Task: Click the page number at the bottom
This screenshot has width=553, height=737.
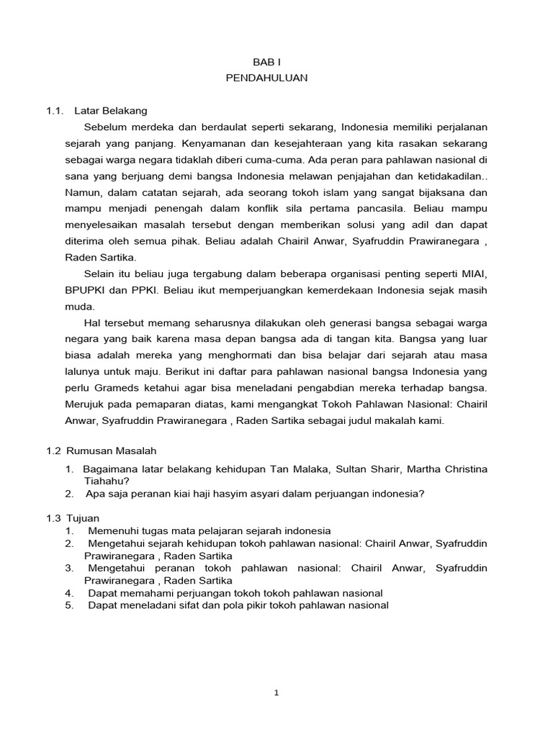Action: pyautogui.click(x=276, y=693)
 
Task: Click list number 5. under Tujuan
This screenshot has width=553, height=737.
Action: pyautogui.click(x=69, y=606)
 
